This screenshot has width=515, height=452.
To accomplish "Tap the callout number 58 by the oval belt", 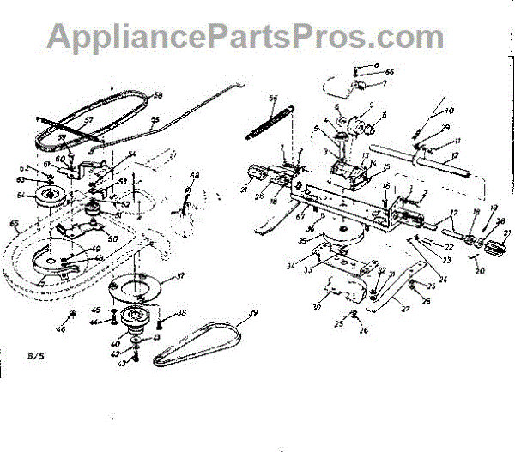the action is pos(157,95).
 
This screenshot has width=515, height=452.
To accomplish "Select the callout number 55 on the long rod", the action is pos(155,121).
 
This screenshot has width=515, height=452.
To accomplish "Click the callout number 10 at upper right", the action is pos(449,110).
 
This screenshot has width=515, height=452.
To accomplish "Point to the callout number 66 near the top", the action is pos(389,73).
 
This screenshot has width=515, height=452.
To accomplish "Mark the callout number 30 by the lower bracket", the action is pos(315,306).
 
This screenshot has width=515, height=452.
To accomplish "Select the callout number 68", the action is pos(194,177).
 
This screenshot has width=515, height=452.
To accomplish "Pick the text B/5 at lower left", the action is pos(33,353).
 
